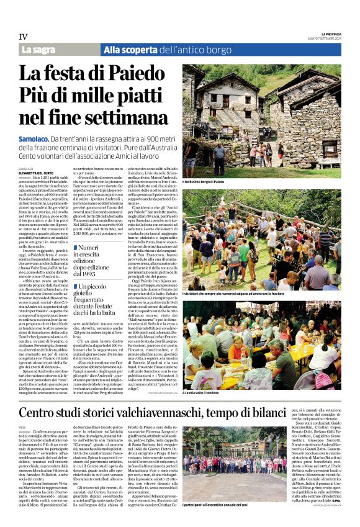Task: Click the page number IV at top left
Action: pyautogui.click(x=22, y=37)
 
